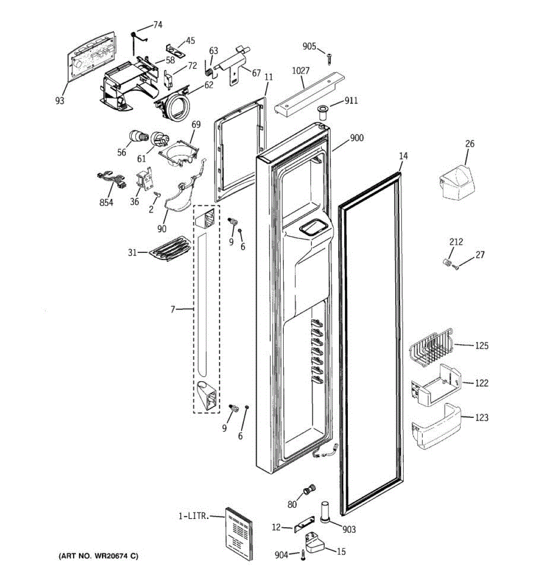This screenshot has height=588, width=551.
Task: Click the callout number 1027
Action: (301, 71)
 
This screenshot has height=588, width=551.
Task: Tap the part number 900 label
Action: (357, 138)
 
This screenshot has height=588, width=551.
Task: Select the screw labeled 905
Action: (330, 58)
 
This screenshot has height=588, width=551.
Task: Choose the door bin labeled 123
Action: (435, 426)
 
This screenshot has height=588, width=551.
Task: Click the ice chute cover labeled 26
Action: (455, 182)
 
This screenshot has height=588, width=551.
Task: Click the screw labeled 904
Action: (303, 555)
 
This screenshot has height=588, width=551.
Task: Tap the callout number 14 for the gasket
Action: (403, 156)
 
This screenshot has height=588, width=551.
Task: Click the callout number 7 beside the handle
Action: (172, 309)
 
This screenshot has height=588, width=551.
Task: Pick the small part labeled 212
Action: (446, 263)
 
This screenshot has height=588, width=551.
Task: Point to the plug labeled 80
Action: (309, 489)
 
